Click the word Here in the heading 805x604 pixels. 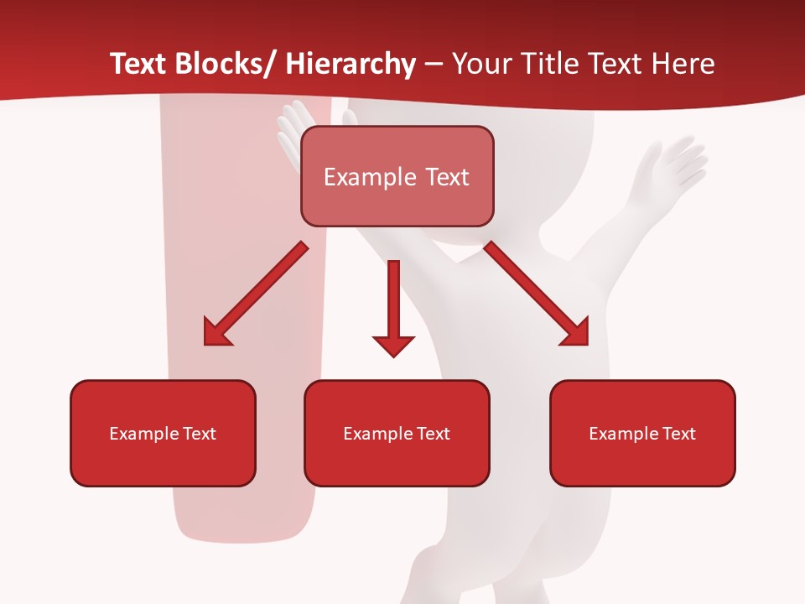[683, 65]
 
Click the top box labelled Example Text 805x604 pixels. [397, 176]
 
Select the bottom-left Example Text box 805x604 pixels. [163, 433]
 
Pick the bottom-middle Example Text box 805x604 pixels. [397, 433]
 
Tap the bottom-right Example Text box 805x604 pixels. [642, 433]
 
